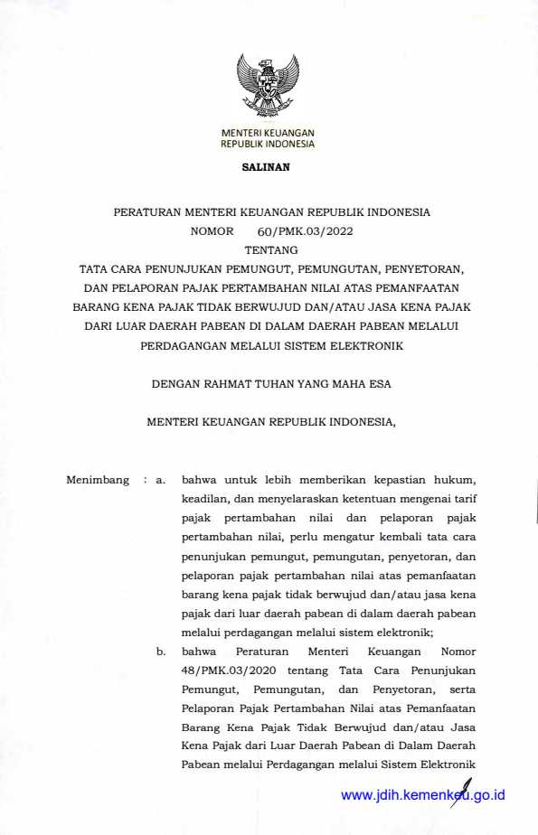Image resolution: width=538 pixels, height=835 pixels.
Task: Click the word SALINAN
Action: click(x=265, y=168)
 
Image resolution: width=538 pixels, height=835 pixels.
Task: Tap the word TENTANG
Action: click(x=269, y=250)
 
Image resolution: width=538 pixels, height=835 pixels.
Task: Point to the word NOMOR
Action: click(x=212, y=231)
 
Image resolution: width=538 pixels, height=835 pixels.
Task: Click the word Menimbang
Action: click(x=98, y=480)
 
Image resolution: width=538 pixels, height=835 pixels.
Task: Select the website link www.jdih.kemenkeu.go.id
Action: click(x=422, y=795)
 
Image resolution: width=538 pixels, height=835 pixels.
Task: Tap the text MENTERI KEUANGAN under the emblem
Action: click(x=268, y=134)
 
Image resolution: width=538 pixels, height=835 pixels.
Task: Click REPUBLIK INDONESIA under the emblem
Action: click(x=268, y=144)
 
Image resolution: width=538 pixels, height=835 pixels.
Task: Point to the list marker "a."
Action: click(x=160, y=480)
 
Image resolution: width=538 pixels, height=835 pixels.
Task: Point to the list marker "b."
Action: click(x=160, y=651)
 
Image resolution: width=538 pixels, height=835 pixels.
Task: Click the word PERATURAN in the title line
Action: click(x=146, y=212)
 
